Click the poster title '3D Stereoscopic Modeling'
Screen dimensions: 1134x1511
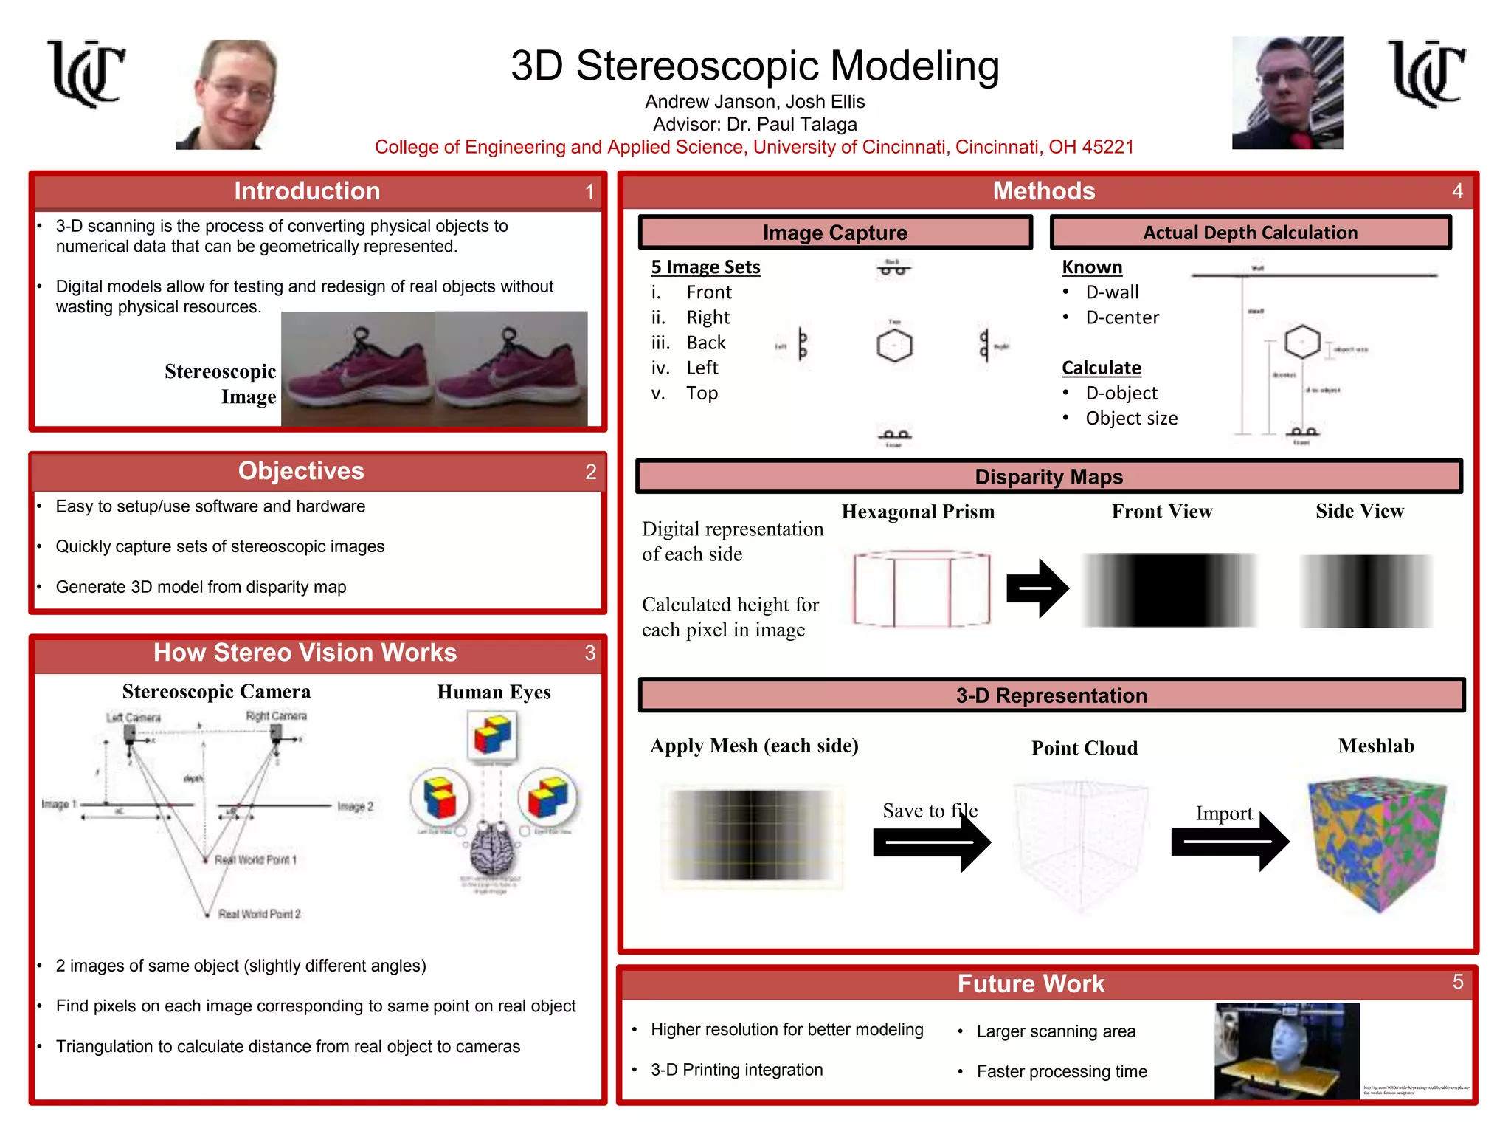pyautogui.click(x=755, y=66)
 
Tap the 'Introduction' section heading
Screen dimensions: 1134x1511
pyautogui.click(x=307, y=191)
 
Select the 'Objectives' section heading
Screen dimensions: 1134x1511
pyautogui.click(x=301, y=471)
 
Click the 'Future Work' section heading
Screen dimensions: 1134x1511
pyautogui.click(x=1031, y=983)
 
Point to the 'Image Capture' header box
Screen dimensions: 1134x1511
pyautogui.click(x=834, y=233)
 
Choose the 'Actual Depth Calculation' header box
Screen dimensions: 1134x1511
pyautogui.click(x=1250, y=233)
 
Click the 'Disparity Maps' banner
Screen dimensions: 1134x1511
pyautogui.click(x=1048, y=477)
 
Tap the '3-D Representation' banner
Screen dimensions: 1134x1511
pyautogui.click(x=1051, y=695)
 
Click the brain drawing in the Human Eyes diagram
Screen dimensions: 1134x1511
pyautogui.click(x=493, y=849)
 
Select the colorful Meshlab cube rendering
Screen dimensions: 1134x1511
pyautogui.click(x=1377, y=843)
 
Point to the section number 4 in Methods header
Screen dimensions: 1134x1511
pyautogui.click(x=1457, y=191)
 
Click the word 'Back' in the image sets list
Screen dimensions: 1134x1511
pyautogui.click(x=706, y=343)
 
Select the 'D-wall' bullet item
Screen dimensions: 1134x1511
pyautogui.click(x=1112, y=292)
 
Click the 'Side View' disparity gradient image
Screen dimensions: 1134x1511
pyautogui.click(x=1366, y=591)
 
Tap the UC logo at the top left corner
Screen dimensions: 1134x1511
pyautogui.click(x=86, y=73)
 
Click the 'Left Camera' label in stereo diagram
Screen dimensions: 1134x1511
pyautogui.click(x=133, y=718)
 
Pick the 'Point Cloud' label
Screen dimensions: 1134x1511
pyautogui.click(x=1084, y=748)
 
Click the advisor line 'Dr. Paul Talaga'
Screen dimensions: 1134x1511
pyautogui.click(x=755, y=124)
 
